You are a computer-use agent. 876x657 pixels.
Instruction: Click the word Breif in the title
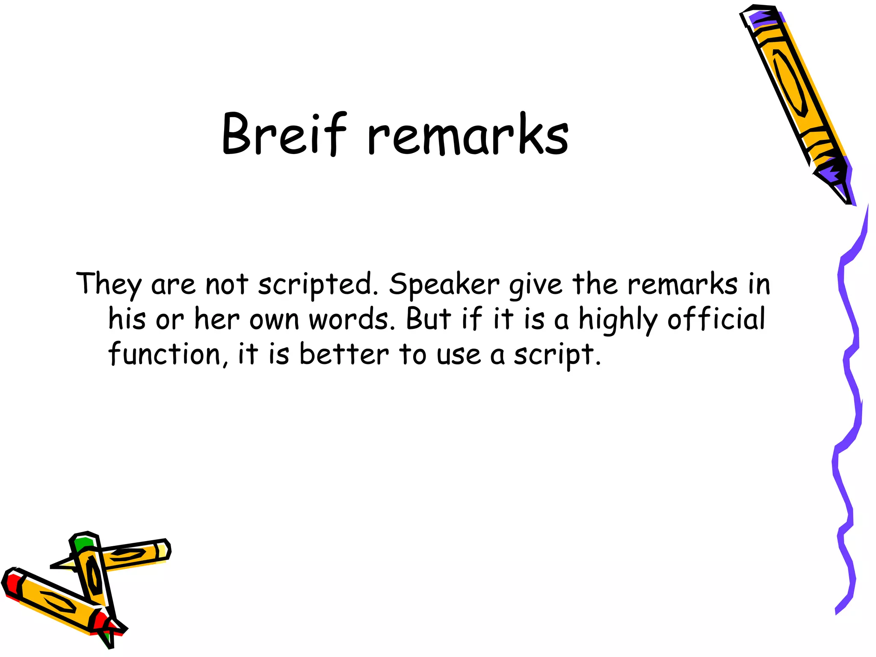click(x=284, y=133)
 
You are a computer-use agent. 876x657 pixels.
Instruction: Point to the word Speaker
click(x=444, y=285)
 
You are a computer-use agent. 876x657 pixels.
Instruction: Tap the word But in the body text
click(x=429, y=319)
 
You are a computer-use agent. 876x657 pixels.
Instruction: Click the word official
click(x=716, y=319)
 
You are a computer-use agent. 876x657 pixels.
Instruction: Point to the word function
click(x=165, y=354)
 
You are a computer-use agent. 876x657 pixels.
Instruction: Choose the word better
click(x=344, y=354)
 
